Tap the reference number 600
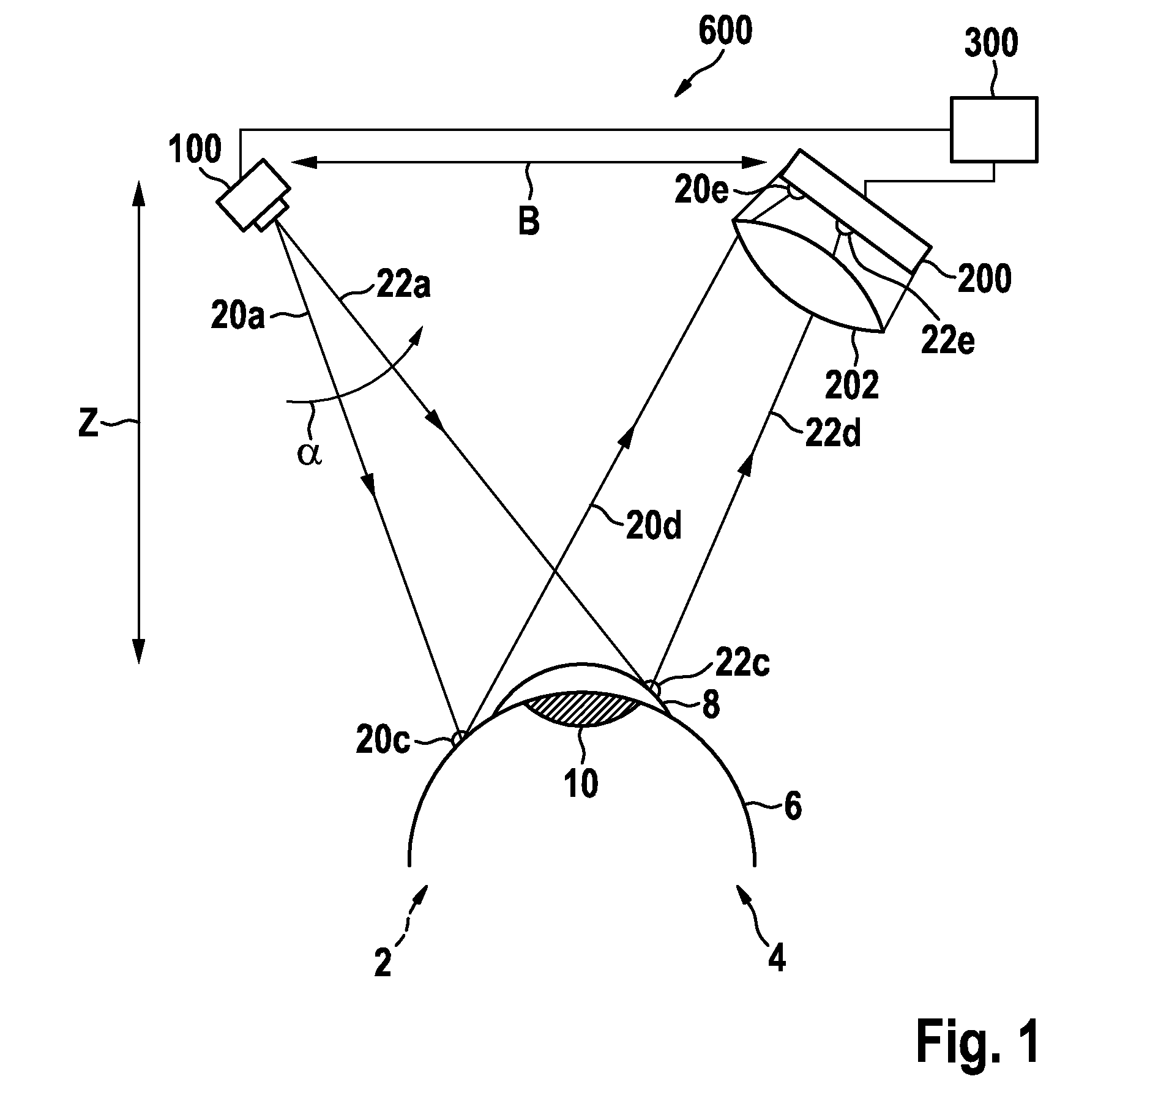(725, 32)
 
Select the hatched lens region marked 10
(582, 709)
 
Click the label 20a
(237, 317)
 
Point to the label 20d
(653, 526)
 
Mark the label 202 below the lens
(852, 386)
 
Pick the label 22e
(947, 341)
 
